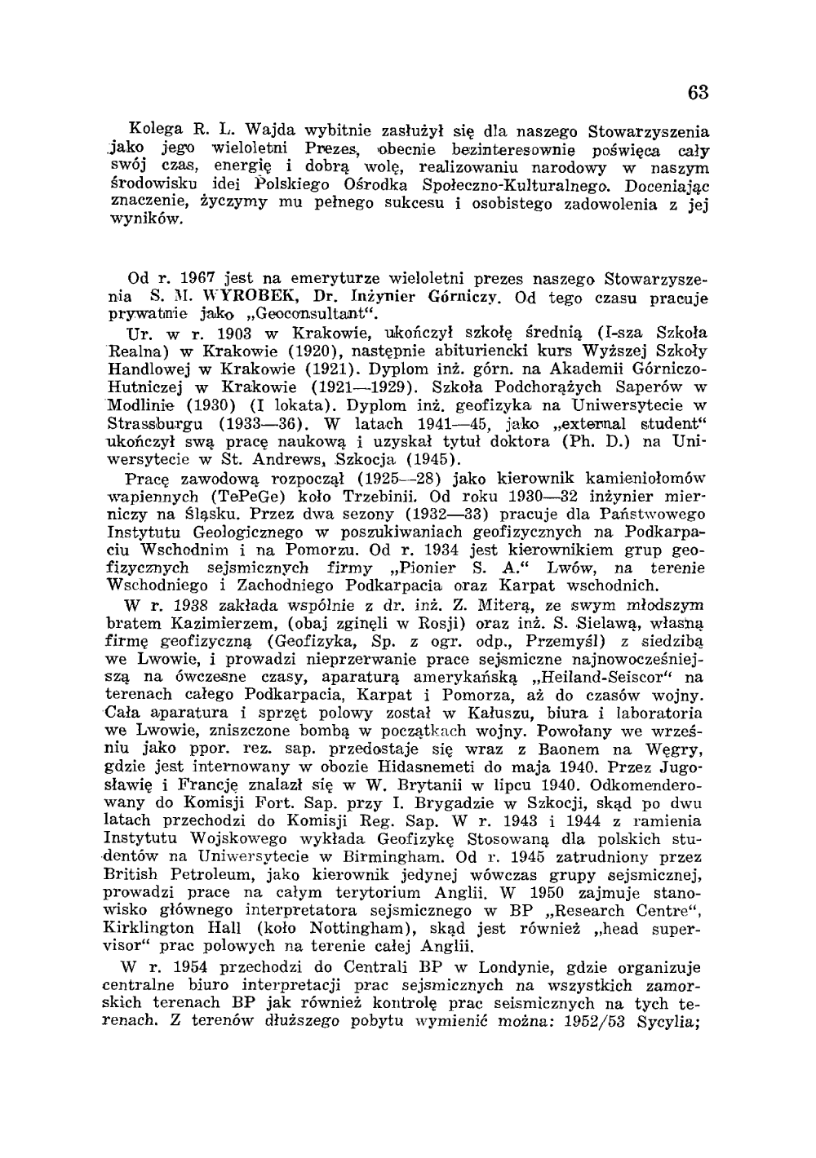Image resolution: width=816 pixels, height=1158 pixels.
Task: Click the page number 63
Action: click(x=698, y=93)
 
